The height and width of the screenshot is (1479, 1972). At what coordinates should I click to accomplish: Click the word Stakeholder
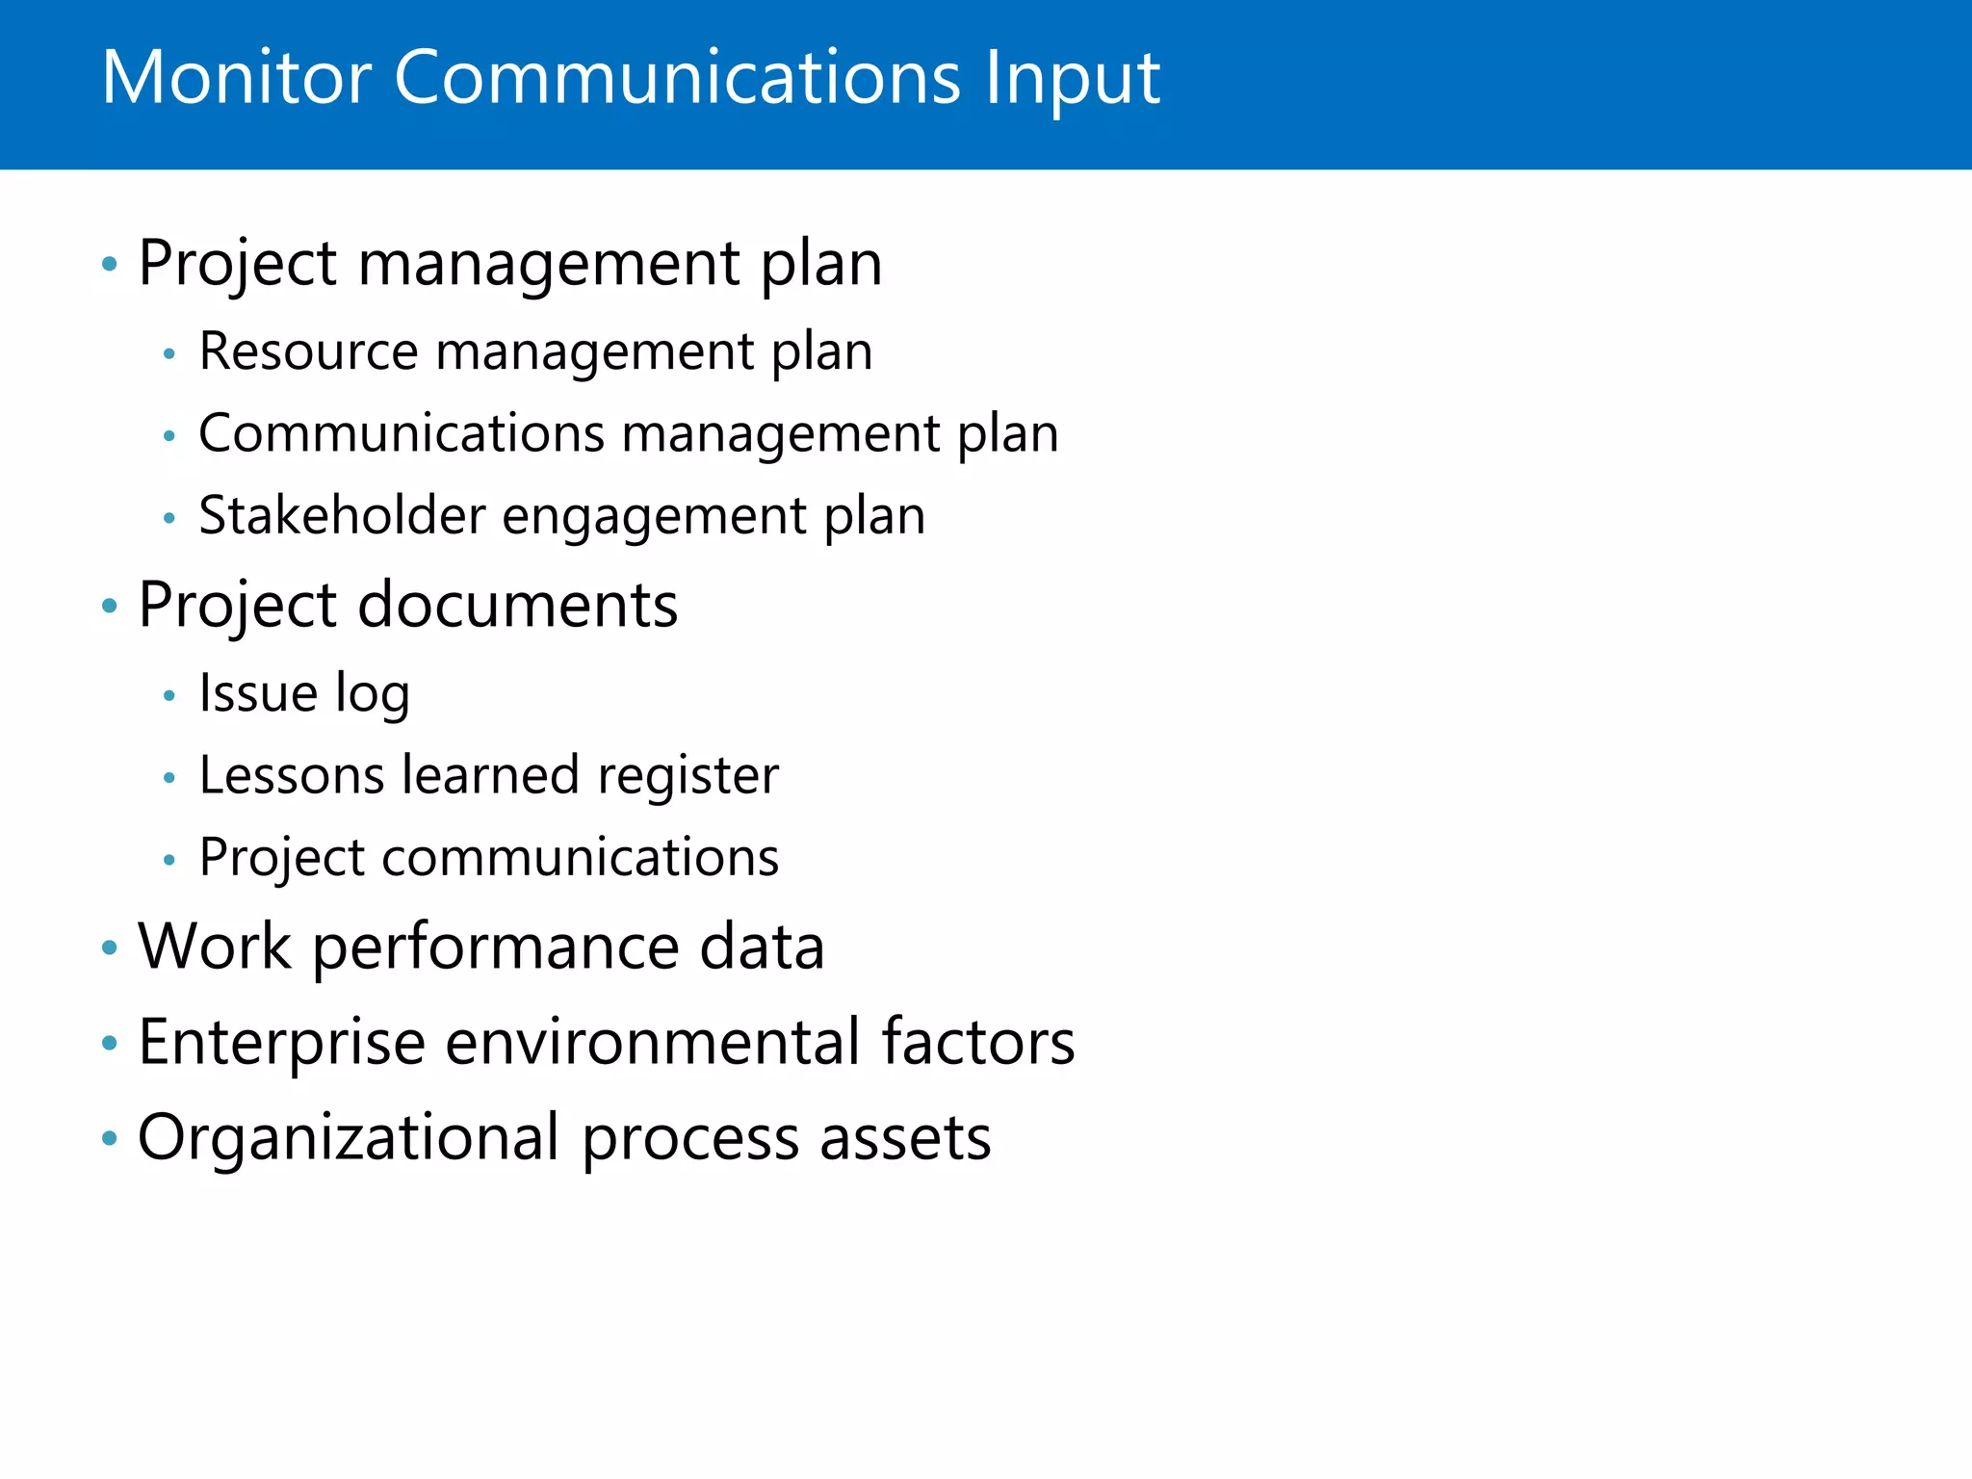coord(342,516)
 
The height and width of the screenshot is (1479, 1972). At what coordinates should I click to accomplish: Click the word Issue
coord(258,693)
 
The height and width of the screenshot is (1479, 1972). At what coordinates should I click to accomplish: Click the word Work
coord(214,947)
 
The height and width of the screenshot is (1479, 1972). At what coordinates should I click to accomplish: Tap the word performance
coord(497,948)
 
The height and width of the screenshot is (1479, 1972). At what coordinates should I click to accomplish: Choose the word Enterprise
coord(281,1043)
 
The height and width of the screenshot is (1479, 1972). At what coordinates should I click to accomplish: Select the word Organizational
coord(348,1138)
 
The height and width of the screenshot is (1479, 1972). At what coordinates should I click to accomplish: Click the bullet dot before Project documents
coord(110,607)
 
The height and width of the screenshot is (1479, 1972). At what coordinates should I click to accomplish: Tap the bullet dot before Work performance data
coord(110,948)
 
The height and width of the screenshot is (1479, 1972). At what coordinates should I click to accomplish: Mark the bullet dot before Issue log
coord(169,695)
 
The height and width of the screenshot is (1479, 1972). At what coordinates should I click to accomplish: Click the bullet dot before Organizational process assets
coord(110,1139)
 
